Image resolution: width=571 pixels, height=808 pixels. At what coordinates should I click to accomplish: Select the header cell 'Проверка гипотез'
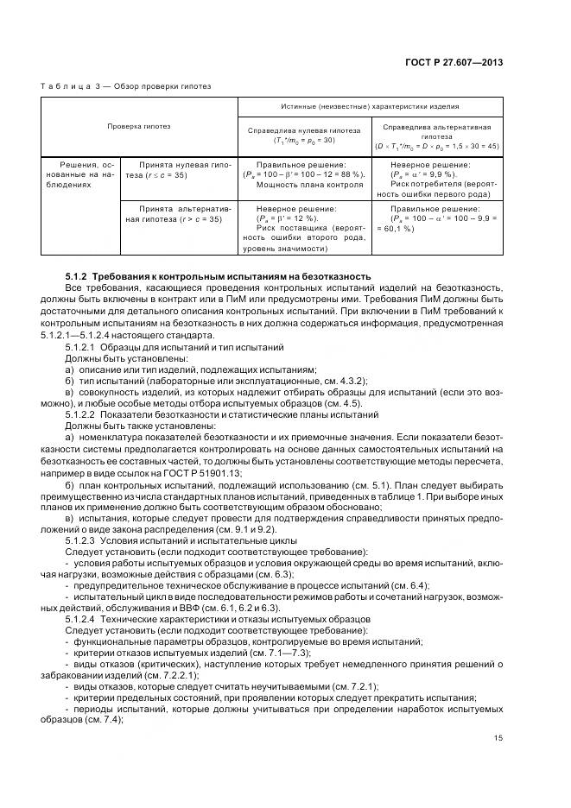(x=138, y=126)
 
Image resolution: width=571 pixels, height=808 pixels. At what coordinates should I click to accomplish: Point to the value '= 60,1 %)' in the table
(x=397, y=229)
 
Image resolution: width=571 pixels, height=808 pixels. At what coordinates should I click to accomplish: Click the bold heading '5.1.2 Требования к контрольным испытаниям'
(x=219, y=276)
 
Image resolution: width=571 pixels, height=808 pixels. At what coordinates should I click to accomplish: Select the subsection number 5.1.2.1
(x=79, y=345)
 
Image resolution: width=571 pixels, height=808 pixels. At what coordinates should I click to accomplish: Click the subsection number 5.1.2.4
(x=79, y=620)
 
